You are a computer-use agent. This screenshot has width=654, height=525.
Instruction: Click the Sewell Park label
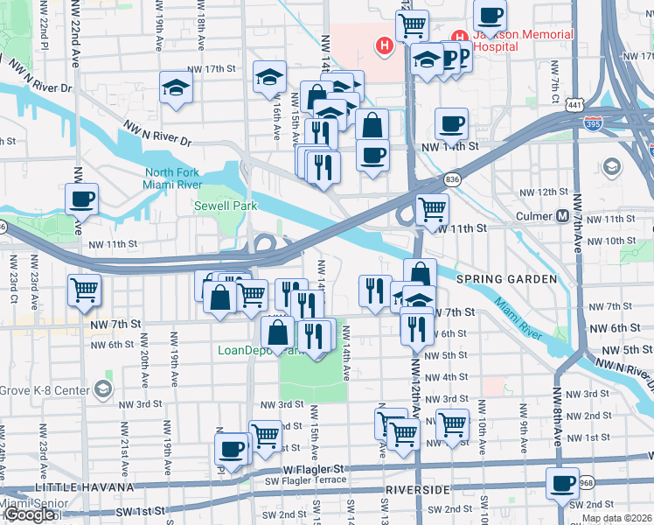pos(219,206)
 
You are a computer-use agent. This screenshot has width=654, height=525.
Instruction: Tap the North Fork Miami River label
pos(173,178)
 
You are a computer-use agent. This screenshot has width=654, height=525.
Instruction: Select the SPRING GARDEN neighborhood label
pos(506,278)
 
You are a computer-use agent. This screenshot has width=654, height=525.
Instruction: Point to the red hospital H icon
pos(383,45)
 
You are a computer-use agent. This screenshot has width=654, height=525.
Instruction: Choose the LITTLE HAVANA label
pos(84,486)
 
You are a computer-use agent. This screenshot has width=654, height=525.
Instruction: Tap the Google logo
pos(28,514)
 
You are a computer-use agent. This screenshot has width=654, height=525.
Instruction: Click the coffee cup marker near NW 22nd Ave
pos(82,199)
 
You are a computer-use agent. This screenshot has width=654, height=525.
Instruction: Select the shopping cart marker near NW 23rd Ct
pos(85,290)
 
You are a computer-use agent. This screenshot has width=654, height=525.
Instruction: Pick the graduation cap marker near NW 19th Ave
pos(176,87)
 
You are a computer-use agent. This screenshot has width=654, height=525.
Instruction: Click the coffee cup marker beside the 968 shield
pos(562,483)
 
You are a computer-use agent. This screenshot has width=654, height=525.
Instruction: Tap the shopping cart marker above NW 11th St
pos(432,210)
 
